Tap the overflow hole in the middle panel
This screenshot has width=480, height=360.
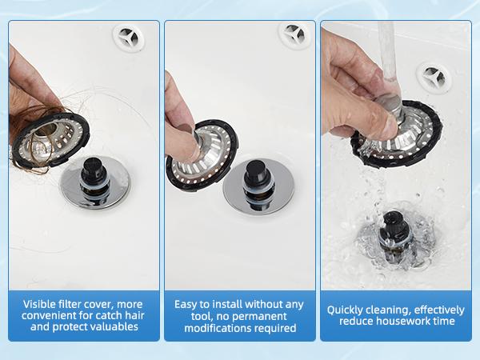pos(294,34)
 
